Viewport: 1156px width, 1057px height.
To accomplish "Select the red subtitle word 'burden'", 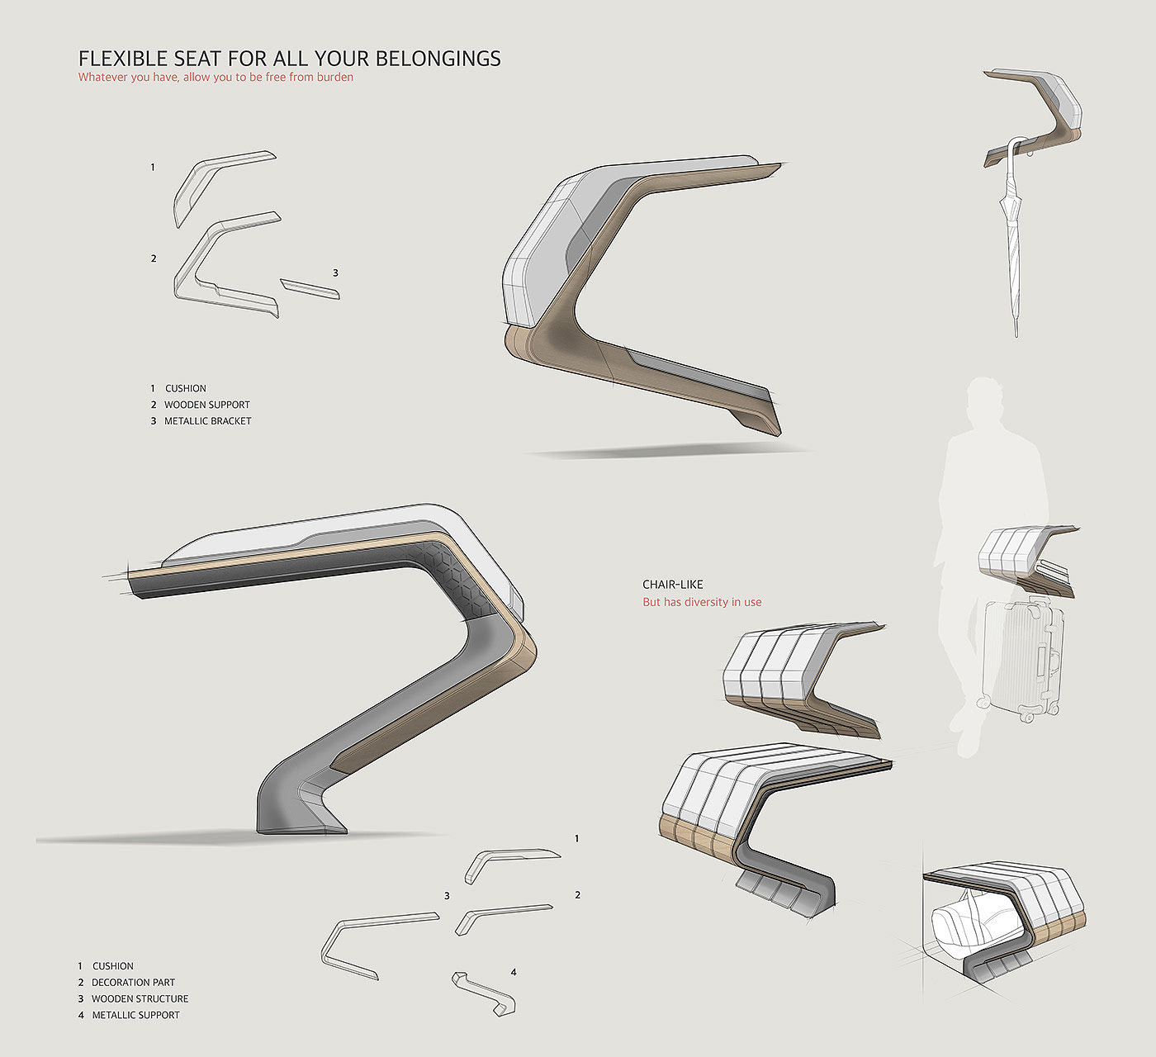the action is pyautogui.click(x=335, y=78).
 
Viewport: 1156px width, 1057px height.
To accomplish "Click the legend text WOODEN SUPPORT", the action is pyautogui.click(x=206, y=405).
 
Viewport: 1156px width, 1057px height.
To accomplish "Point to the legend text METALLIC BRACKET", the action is pyautogui.click(x=207, y=421).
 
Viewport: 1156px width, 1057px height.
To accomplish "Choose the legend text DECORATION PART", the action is pyautogui.click(x=133, y=983).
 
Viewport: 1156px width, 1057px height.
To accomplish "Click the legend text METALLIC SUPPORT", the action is pyautogui.click(x=135, y=1015).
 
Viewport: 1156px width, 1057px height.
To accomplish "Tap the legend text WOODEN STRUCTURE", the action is pyautogui.click(x=140, y=998).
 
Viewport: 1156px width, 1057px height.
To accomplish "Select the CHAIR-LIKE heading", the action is pyautogui.click(x=673, y=585).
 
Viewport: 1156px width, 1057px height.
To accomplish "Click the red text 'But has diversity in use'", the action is pyautogui.click(x=702, y=602).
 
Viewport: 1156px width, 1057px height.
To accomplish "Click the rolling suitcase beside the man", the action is pyautogui.click(x=1022, y=656).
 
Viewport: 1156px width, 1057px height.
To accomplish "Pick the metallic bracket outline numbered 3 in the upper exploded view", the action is pyautogui.click(x=310, y=288).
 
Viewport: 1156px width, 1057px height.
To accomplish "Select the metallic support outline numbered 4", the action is pyautogui.click(x=484, y=993).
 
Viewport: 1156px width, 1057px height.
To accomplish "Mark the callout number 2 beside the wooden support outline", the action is pyautogui.click(x=154, y=258).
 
